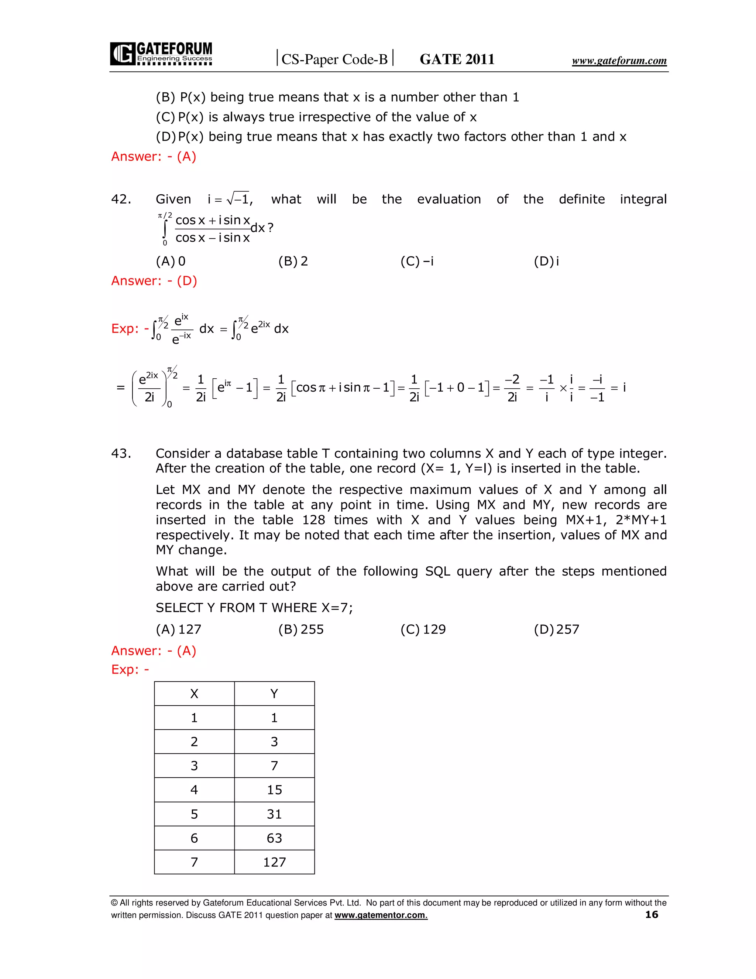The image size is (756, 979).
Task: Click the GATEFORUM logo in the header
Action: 161,54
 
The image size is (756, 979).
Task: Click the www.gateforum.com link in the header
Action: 619,61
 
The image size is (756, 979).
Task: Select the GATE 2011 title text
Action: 457,59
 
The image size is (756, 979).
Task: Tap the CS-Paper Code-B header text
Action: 334,59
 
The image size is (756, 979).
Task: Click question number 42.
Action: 121,199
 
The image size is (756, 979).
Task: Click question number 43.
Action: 121,453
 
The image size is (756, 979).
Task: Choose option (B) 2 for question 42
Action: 293,261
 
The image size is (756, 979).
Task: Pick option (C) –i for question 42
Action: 417,261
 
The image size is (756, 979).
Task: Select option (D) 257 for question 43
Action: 556,630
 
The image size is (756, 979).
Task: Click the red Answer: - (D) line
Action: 154,281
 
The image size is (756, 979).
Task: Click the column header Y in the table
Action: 274,694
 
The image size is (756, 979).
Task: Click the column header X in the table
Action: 194,694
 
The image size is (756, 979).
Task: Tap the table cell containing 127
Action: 274,862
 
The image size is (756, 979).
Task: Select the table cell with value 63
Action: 274,838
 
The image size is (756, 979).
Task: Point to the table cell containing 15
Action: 274,790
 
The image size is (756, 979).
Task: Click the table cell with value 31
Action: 274,814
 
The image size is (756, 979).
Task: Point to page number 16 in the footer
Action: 652,914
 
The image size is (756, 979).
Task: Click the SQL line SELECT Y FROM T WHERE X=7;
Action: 254,608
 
